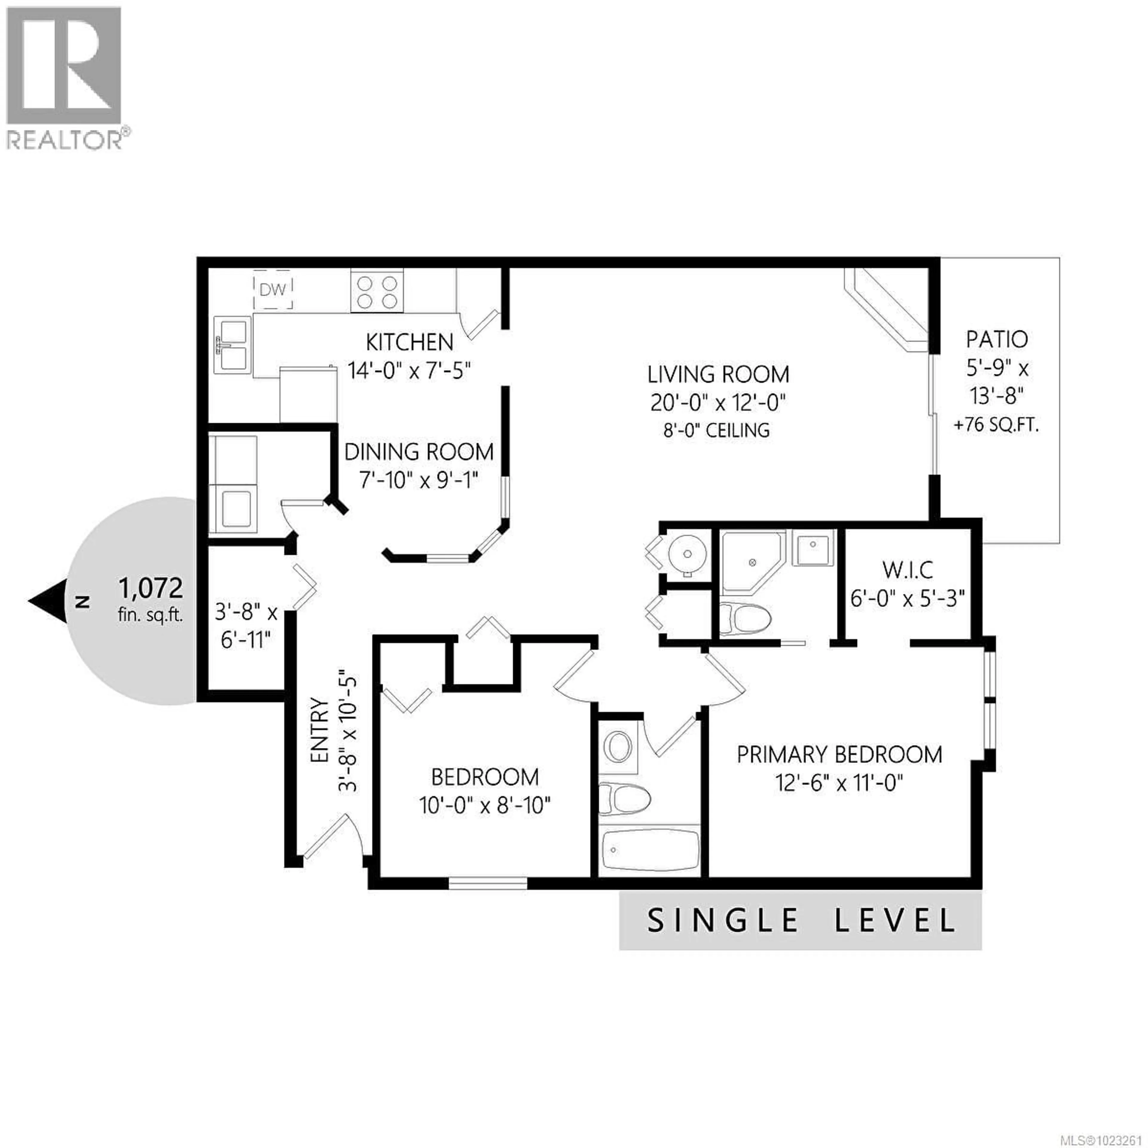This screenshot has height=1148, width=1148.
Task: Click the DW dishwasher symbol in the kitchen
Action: [x=273, y=290]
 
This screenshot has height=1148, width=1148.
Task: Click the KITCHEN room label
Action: [x=409, y=342]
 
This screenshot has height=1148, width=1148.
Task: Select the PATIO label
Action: [x=996, y=339]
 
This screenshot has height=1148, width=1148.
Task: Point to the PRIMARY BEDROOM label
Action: [x=839, y=755]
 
